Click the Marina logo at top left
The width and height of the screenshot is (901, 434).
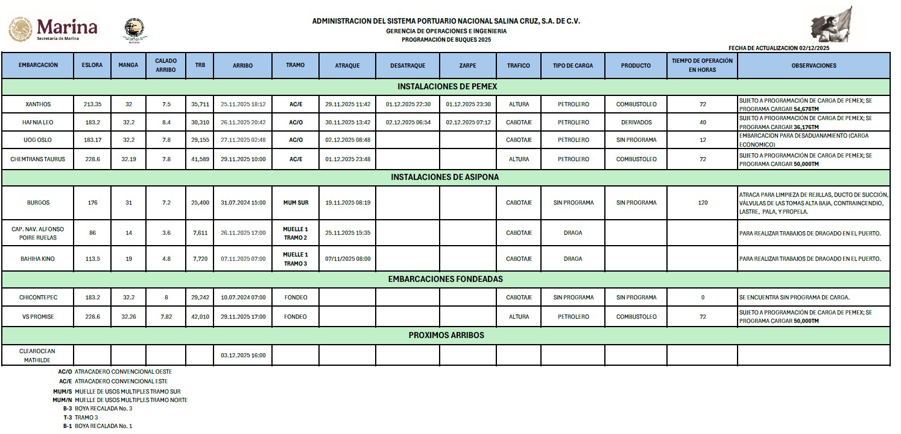[53, 28]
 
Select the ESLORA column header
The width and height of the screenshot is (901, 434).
[92, 65]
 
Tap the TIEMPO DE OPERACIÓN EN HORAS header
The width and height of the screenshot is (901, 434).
[702, 65]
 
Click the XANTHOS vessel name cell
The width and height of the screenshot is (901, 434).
[37, 104]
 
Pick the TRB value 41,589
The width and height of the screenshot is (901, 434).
[200, 159]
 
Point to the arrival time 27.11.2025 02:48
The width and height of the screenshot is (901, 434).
[243, 140]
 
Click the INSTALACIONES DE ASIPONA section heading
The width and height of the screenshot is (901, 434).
[445, 177]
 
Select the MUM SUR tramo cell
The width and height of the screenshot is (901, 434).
[296, 203]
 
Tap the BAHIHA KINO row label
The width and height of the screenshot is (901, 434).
[37, 259]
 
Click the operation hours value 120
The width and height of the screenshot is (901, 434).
[703, 203]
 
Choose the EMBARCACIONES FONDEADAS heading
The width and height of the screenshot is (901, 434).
[445, 279]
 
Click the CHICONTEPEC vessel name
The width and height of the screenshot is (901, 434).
[37, 298]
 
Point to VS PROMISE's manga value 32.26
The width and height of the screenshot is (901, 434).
[128, 317]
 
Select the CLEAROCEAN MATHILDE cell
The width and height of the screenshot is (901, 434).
[37, 355]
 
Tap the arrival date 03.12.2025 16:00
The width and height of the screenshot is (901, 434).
[243, 355]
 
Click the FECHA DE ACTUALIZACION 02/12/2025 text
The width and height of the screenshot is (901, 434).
[779, 48]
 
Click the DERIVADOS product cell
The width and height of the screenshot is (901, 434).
[636, 123]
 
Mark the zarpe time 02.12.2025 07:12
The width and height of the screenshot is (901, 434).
[469, 123]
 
